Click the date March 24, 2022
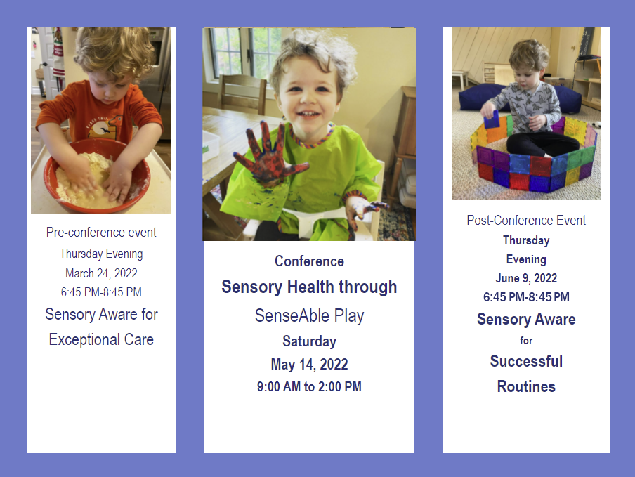tap(101, 273)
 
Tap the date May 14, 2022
tap(309, 364)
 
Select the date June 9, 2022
tap(526, 278)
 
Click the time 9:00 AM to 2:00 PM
tap(309, 386)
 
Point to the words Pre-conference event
tap(101, 232)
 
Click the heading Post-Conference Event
tap(526, 221)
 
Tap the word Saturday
tap(309, 341)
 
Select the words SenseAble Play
tap(309, 315)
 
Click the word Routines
tap(526, 386)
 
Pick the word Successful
tap(526, 361)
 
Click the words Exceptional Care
tap(101, 339)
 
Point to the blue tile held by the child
tap(492, 119)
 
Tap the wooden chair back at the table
tap(242, 94)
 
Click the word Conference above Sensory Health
tap(309, 261)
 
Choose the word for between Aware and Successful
tap(526, 341)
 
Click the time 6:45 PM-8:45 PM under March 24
tap(101, 292)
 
